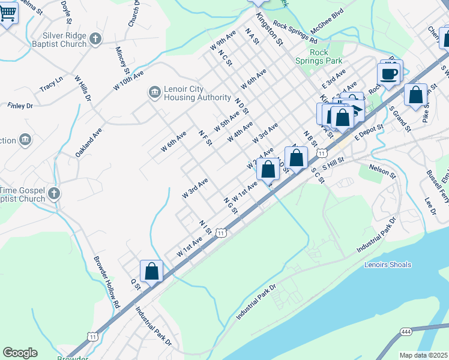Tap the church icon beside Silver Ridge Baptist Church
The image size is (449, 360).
pyautogui.click(x=95, y=40)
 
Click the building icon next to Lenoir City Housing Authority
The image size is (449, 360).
pyautogui.click(x=154, y=92)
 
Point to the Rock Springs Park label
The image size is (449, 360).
pyautogui.click(x=318, y=56)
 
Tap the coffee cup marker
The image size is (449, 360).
pyautogui.click(x=389, y=74)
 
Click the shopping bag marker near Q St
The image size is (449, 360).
pyautogui.click(x=152, y=271)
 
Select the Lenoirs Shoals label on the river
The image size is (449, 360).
pyautogui.click(x=388, y=265)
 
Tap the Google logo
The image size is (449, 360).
pyautogui.click(x=20, y=353)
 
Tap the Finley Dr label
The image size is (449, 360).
pyautogui.click(x=20, y=106)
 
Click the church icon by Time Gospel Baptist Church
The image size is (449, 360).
pyautogui.click(x=54, y=193)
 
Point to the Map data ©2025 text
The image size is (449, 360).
pyautogui.click(x=423, y=355)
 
